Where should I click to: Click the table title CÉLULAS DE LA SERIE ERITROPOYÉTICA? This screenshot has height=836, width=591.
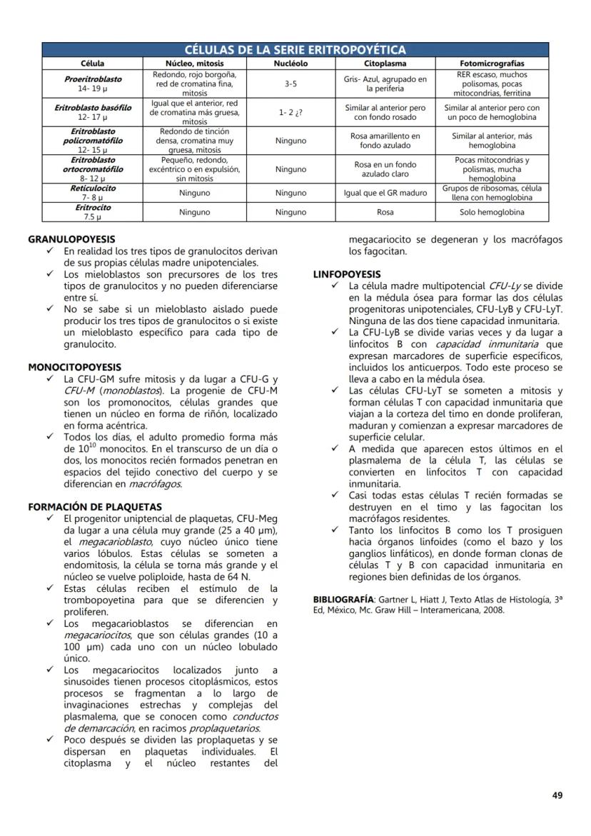tap(295, 50)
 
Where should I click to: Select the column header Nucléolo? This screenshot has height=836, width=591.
tap(291, 64)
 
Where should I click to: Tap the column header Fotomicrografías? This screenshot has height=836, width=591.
tap(492, 64)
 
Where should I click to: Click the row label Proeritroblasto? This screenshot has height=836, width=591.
tap(93, 79)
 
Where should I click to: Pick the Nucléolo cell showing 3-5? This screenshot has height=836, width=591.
tap(291, 84)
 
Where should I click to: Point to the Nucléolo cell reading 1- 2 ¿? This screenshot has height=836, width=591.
tap(291, 113)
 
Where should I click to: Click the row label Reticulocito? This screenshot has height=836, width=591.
tap(93, 188)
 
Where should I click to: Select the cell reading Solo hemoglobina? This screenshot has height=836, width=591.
tap(492, 212)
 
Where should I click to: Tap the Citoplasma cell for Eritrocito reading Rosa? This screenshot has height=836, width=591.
tap(385, 212)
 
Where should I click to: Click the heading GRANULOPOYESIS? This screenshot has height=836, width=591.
tap(71, 239)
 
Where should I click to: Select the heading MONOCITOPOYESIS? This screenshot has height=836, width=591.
tap(75, 367)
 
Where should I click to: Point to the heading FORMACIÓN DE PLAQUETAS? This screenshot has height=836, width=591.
tap(95, 507)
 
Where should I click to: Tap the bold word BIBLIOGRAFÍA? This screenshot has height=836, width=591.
tap(343, 598)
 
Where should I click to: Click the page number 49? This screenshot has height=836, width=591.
tap(557, 795)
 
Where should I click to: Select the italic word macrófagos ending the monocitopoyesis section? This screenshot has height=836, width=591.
tap(155, 484)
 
